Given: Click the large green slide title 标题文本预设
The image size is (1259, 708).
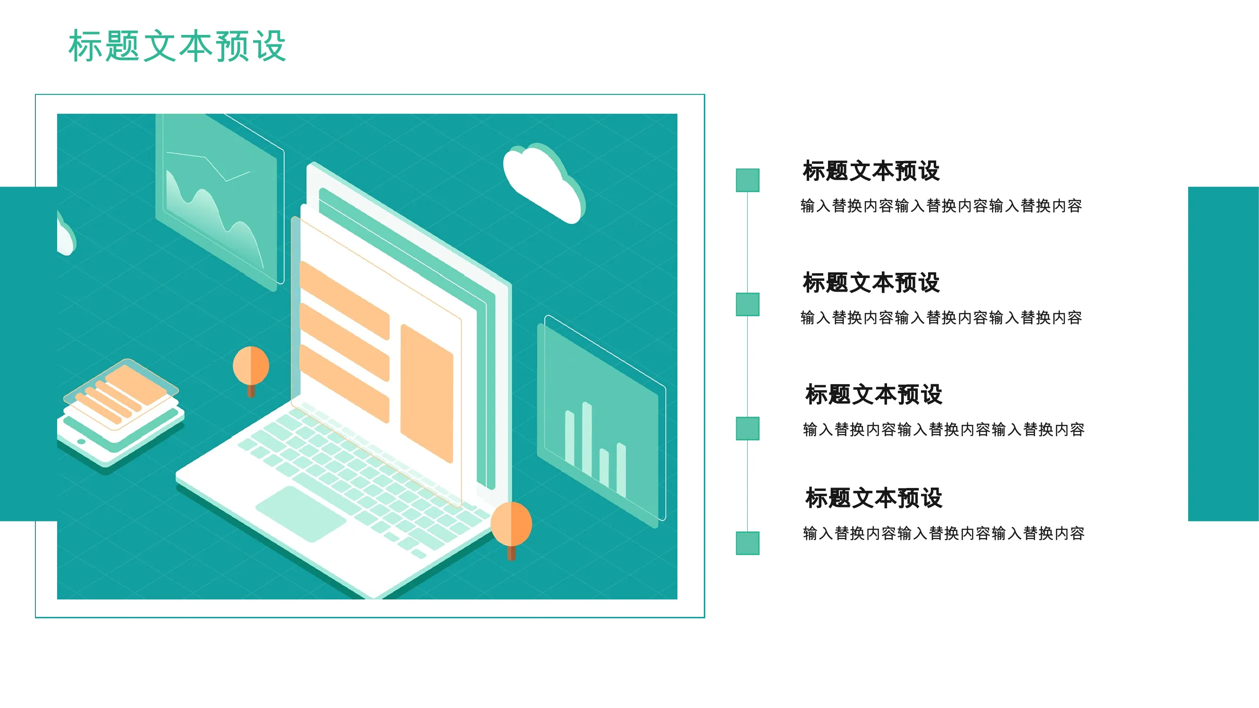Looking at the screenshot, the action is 177,46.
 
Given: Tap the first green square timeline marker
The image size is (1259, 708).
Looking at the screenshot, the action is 747,180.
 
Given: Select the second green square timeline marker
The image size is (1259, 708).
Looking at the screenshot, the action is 747,304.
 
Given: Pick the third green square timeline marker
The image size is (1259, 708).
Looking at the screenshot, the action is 747,429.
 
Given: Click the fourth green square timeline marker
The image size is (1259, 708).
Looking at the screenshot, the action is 747,543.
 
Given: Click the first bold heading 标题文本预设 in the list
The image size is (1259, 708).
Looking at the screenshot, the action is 871,171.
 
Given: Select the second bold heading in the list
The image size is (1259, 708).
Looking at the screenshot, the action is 871,283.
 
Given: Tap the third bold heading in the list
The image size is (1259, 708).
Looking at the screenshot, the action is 874,395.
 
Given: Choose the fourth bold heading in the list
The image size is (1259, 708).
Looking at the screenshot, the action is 874,498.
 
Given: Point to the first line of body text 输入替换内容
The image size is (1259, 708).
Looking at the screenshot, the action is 941,206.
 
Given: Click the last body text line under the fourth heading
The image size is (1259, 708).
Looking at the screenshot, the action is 944,533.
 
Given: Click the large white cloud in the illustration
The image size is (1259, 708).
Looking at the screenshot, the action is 544,183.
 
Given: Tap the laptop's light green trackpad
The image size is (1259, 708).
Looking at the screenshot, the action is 301,513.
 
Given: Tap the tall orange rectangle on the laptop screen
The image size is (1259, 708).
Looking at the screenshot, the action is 427,393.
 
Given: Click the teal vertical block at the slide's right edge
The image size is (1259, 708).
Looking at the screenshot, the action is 1223,354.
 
